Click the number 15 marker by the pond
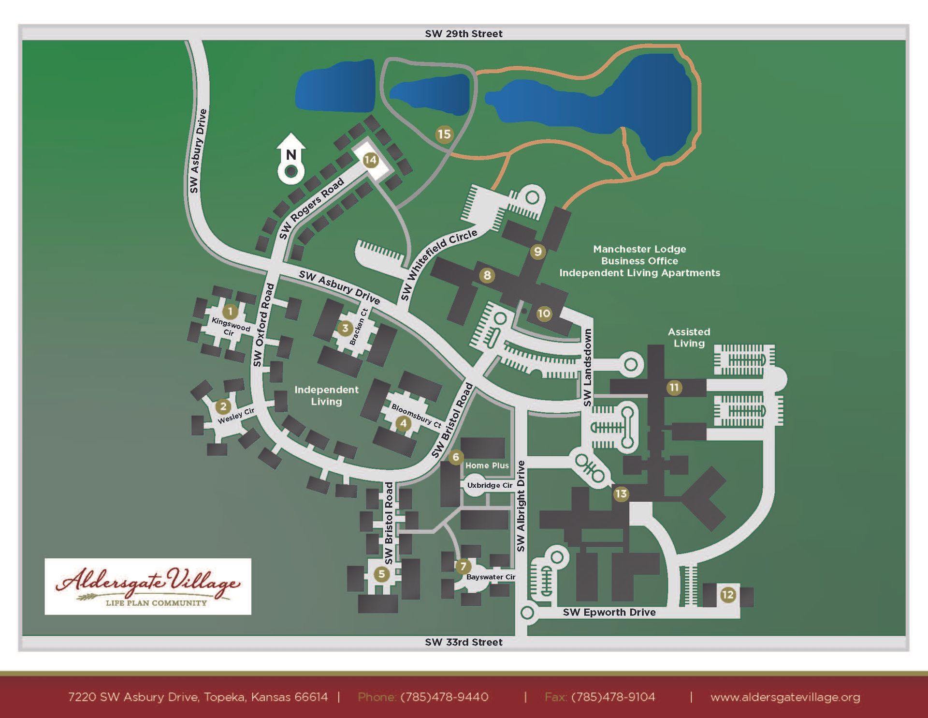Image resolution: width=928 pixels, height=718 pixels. [x=444, y=134]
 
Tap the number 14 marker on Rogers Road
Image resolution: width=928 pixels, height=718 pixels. [x=370, y=160]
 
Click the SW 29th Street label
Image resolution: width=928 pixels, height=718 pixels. [x=464, y=34]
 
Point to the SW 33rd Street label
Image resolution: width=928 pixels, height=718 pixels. [x=464, y=642]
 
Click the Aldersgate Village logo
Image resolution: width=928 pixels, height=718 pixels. [x=148, y=586]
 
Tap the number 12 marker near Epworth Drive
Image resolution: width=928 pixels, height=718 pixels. [x=727, y=595]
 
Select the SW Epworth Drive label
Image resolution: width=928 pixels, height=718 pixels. [x=609, y=612]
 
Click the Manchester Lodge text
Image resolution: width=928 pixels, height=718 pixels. [x=639, y=249]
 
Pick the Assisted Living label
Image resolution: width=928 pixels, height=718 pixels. [x=689, y=338]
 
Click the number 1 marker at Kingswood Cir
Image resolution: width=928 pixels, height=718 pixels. [x=230, y=312]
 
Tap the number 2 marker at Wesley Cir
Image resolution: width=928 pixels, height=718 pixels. [x=223, y=406]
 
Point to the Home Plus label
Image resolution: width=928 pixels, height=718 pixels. [x=487, y=465]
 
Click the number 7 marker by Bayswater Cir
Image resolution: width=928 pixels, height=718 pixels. [x=463, y=566]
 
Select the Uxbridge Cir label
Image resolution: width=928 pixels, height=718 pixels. [x=490, y=485]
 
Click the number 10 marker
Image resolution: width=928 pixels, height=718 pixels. [x=544, y=314]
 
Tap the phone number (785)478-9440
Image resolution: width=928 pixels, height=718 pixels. [x=444, y=697]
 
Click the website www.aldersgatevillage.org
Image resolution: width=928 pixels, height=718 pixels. [x=785, y=697]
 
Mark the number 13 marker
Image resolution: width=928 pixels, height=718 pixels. [x=621, y=494]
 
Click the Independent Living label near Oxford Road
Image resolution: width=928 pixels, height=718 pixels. [x=326, y=395]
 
